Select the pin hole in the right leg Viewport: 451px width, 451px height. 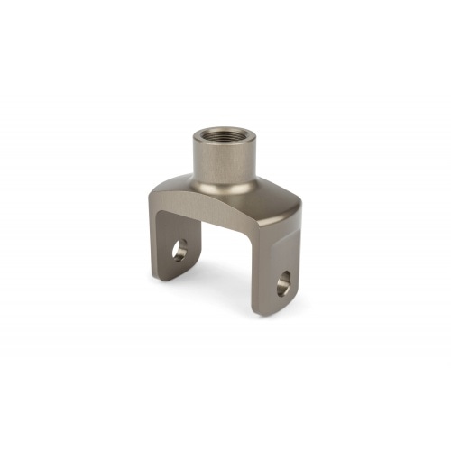[285, 281]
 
